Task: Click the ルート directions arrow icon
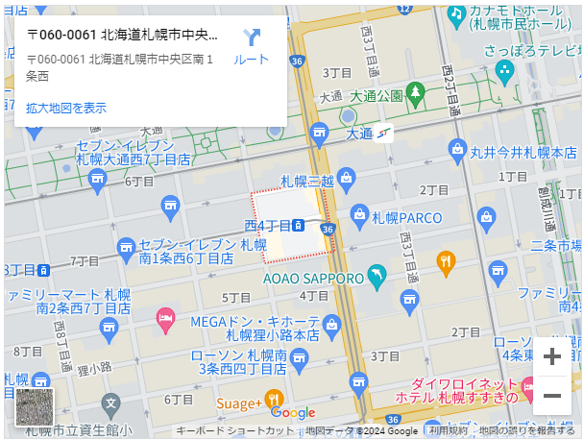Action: (x=252, y=38)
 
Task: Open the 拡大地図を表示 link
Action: (x=66, y=108)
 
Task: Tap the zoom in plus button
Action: (x=552, y=357)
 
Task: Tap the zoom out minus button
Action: (x=552, y=395)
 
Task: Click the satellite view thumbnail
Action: (x=36, y=406)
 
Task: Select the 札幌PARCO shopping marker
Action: (x=359, y=214)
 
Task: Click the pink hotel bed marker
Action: (x=166, y=319)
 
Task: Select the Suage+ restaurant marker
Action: (x=274, y=400)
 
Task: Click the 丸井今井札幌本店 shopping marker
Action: (x=457, y=149)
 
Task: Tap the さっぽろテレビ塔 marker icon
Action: (x=505, y=70)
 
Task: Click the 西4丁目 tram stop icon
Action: (x=300, y=226)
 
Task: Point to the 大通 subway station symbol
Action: (x=384, y=133)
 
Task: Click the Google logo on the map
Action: (x=292, y=412)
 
